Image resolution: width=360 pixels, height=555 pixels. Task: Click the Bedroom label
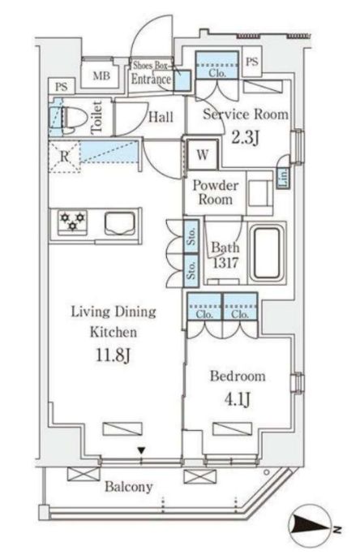238,376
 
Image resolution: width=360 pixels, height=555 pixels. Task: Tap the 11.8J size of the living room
114,355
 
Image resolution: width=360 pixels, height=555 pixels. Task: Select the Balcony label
129,487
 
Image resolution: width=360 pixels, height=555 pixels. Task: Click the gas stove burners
72,221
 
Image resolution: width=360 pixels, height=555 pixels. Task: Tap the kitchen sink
120,224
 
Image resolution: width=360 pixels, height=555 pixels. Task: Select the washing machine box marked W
202,155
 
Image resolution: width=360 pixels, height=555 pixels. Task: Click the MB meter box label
101,75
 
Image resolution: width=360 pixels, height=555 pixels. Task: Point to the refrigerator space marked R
64,156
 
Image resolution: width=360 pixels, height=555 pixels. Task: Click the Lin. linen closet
284,178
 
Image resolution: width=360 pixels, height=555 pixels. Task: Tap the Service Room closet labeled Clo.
217,66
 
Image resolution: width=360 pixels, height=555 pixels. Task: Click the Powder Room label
215,192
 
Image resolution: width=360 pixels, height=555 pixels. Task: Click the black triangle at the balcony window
141,450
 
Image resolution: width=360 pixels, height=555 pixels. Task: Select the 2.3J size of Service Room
246,137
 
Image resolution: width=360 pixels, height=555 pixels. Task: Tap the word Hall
161,117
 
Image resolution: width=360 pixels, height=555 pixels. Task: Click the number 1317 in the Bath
225,263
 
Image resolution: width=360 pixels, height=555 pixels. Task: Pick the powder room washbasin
260,193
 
